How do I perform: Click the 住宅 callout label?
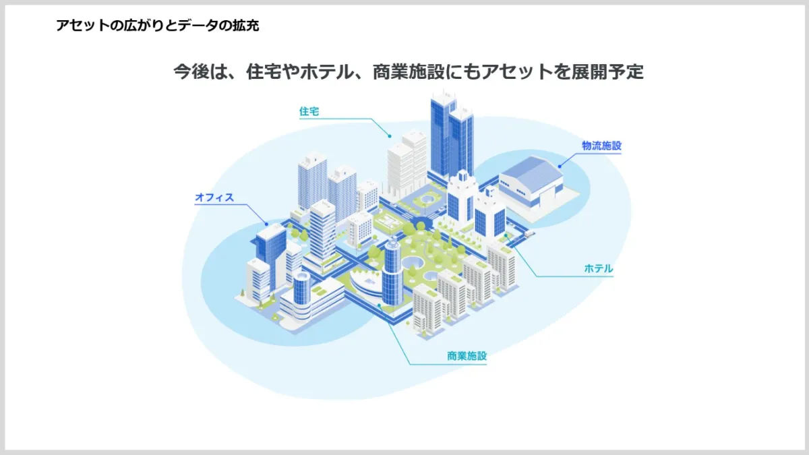click(309, 112)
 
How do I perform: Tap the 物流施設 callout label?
click(601, 146)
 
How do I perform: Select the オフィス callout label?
click(214, 198)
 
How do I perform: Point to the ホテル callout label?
click(599, 269)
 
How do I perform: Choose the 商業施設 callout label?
click(467, 356)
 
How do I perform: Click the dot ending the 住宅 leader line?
click(390, 136)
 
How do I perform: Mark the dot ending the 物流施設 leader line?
click(560, 166)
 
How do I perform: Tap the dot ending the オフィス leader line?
click(266, 224)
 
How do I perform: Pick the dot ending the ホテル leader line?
click(506, 235)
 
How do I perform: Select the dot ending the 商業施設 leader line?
click(379, 305)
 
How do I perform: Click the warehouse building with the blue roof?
click(531, 183)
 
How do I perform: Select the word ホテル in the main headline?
click(327, 71)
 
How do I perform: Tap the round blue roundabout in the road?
click(422, 223)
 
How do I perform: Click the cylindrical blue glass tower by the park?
click(392, 272)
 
